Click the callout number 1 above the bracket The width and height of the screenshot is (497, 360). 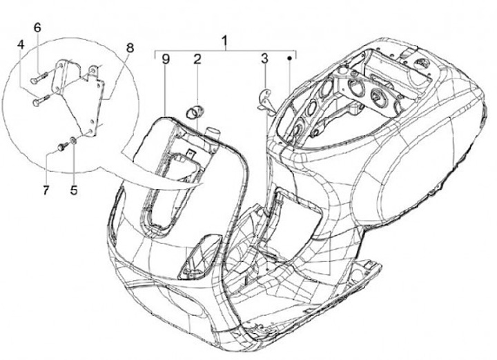(x=224, y=41)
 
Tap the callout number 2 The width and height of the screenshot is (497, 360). (x=197, y=60)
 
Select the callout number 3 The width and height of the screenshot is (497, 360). (x=264, y=60)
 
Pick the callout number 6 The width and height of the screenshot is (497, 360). (x=38, y=28)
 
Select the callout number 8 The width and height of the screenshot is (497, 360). (x=130, y=48)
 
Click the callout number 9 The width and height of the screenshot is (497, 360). (x=166, y=60)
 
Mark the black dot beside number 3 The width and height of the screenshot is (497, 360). (x=289, y=60)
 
